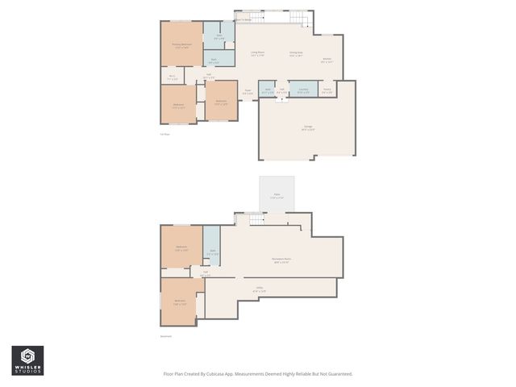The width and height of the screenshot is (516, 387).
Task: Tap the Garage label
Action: coord(308,127)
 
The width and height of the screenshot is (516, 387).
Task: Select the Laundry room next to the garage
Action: coord(303,90)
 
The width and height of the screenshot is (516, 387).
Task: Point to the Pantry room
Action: coord(327,90)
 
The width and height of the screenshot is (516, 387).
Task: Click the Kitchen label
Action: coord(327,60)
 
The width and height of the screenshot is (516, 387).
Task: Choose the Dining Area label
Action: coord(296,54)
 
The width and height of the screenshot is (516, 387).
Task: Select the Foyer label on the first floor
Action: coord(248,92)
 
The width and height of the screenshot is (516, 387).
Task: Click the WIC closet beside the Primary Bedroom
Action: coord(173,78)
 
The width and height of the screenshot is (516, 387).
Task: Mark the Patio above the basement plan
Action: coord(276,196)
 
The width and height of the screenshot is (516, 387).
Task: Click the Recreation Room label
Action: coord(281,260)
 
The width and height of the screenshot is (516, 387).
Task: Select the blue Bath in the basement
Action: coord(212,252)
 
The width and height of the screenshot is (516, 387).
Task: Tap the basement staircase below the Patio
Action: coord(256,219)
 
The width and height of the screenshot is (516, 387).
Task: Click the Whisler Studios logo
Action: coord(27,360)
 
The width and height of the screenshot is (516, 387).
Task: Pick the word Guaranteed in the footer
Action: coord(339,373)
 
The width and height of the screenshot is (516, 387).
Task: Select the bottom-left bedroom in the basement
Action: coord(180,302)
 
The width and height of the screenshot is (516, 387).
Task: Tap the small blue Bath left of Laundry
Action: coord(267,90)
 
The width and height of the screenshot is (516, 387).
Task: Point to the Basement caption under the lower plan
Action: coord(166,337)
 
